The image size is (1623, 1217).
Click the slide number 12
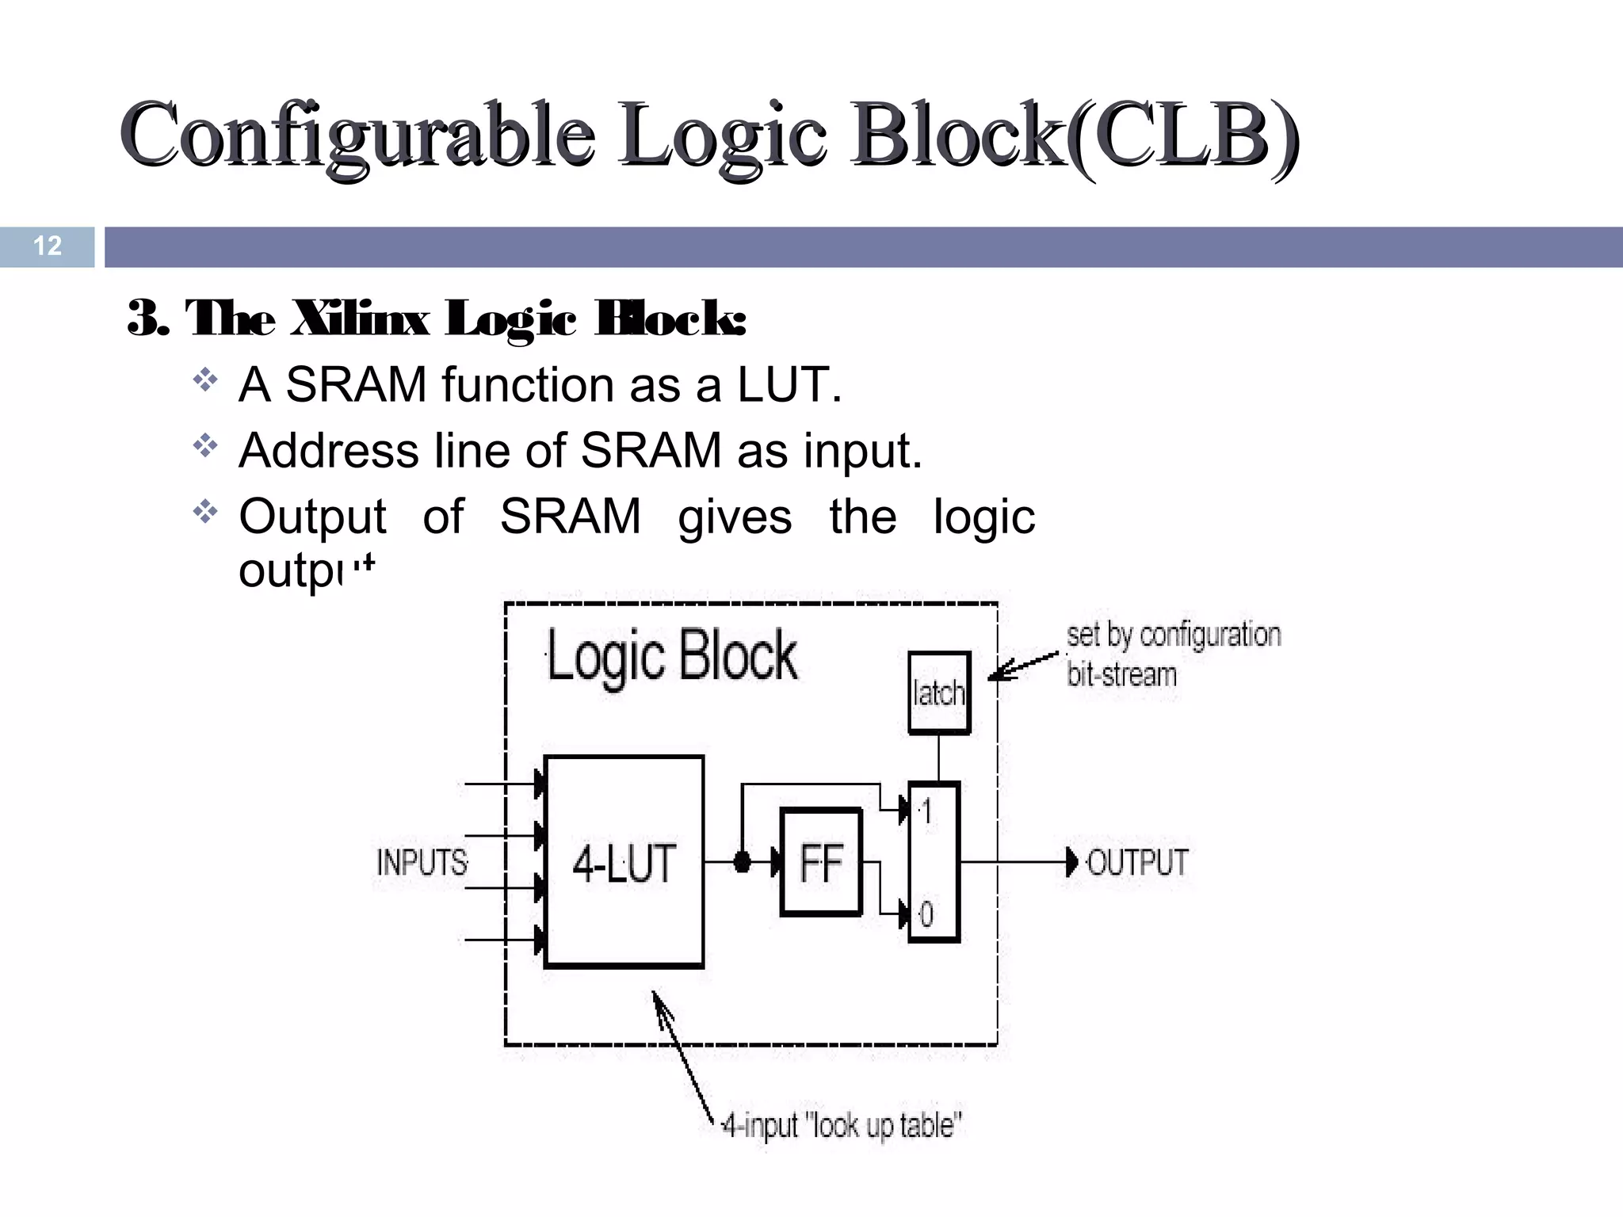coord(48,246)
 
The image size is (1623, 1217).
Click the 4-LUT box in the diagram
coord(624,862)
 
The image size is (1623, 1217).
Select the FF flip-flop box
coord(821,862)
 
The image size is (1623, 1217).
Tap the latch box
coord(939,693)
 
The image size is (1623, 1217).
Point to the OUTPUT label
coord(1138,862)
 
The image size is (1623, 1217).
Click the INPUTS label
coord(422,862)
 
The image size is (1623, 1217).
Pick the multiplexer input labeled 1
coord(926,811)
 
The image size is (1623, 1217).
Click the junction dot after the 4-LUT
coord(742,862)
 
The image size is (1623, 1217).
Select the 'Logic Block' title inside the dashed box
coord(672,656)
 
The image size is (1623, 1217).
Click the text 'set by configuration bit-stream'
coord(1173,654)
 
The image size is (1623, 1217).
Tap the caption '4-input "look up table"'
coord(842,1125)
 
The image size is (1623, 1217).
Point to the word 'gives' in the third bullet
coord(735,517)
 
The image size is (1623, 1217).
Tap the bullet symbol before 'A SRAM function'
coord(205,381)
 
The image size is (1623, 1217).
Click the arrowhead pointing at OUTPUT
coord(1071,862)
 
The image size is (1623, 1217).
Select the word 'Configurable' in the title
coord(357,135)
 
